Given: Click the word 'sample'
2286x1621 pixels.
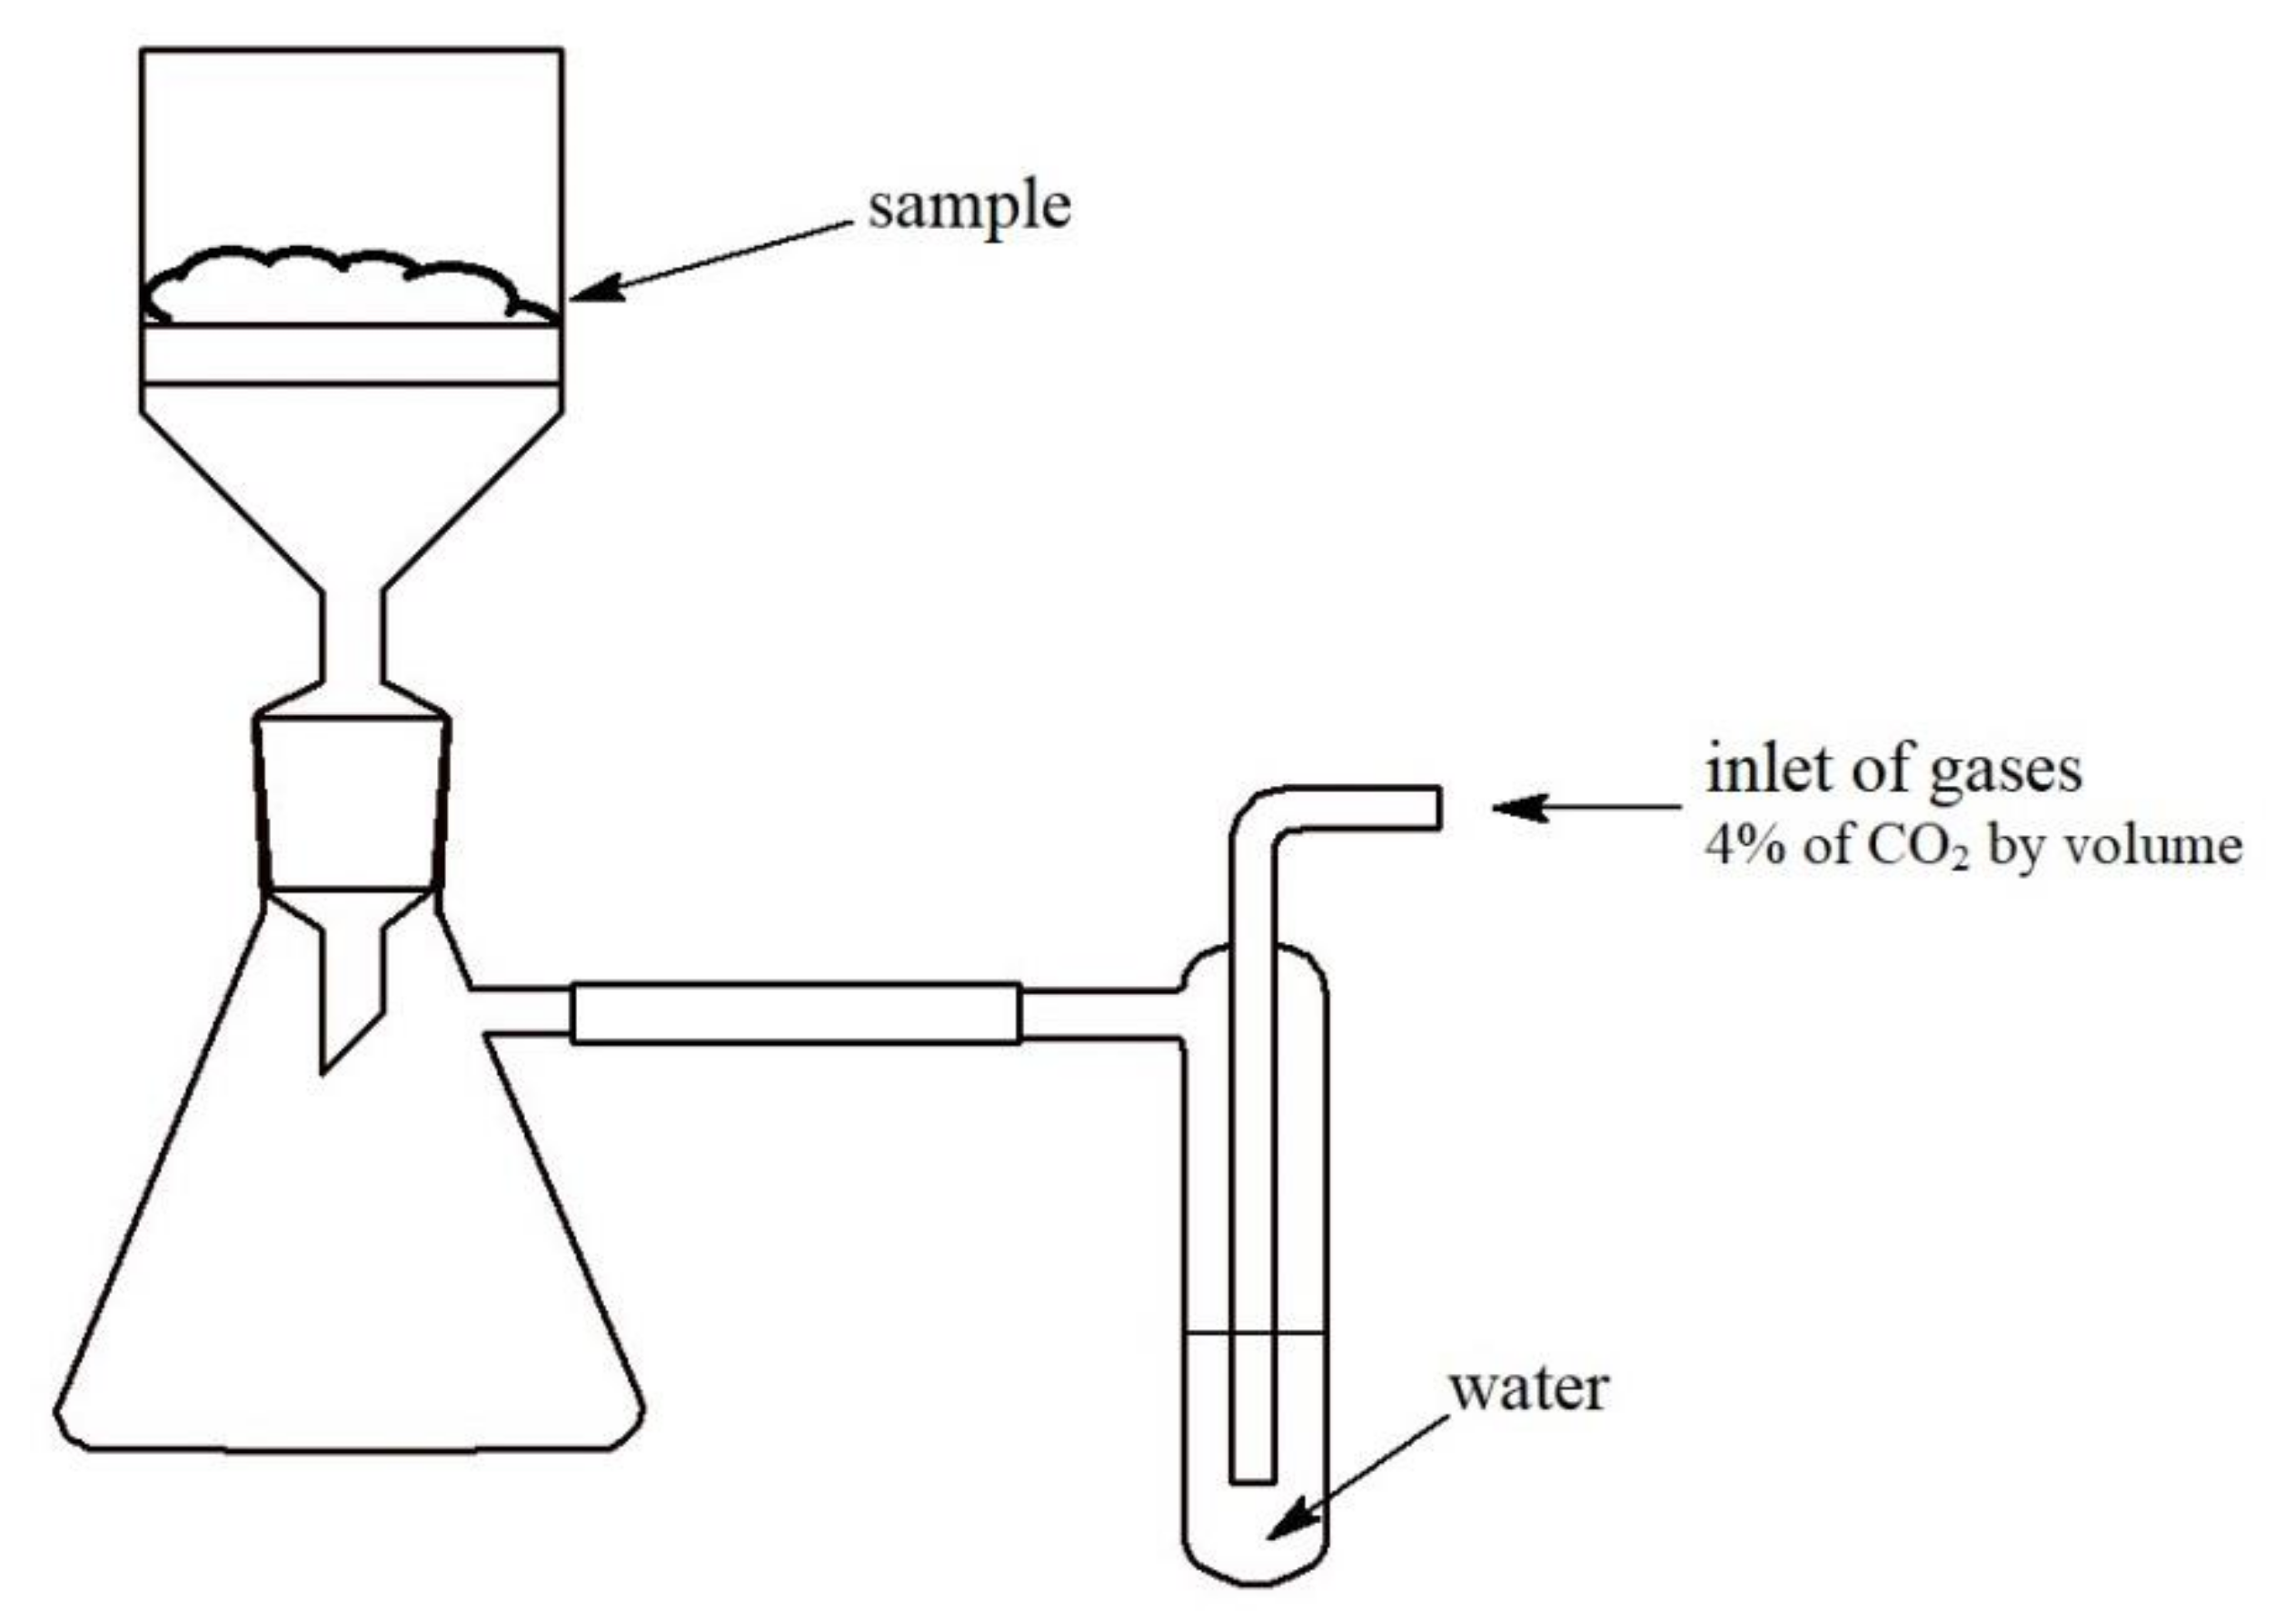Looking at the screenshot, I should (969, 207).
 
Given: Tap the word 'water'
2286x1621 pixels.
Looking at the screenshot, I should (1527, 1389).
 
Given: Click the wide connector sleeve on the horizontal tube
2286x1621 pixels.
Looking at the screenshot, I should (796, 1013).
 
